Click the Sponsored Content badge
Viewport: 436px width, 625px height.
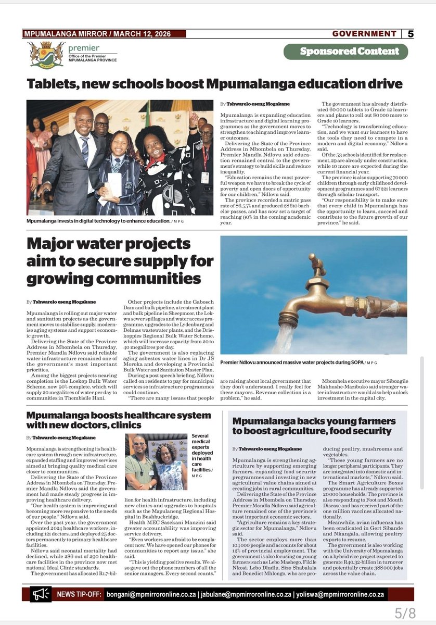[345, 52]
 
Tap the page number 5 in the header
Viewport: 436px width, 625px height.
[411, 34]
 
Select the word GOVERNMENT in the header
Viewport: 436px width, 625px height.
[365, 34]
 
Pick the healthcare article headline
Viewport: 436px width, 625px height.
[119, 420]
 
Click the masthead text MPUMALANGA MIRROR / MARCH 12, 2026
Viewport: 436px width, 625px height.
[105, 34]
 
